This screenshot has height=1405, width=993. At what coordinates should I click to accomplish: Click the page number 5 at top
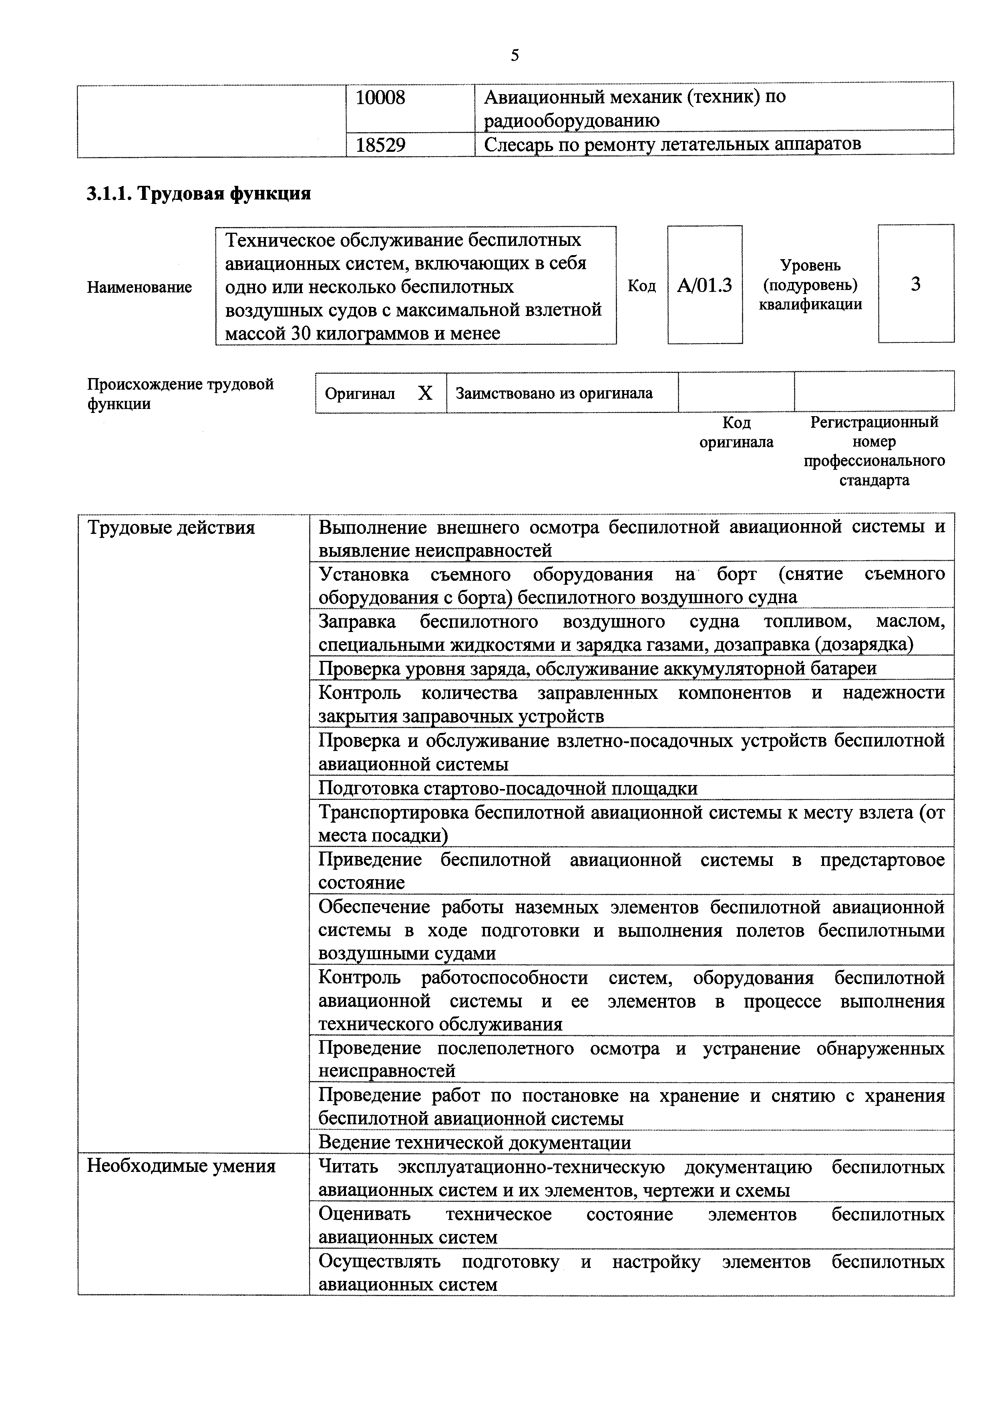pyautogui.click(x=515, y=56)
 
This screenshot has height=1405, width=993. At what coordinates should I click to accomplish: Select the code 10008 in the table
pyautogui.click(x=380, y=98)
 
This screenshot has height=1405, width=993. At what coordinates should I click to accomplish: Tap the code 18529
pyautogui.click(x=380, y=145)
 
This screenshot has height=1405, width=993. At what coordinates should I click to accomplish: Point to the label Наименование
pyautogui.click(x=139, y=287)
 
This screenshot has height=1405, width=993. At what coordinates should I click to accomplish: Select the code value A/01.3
pyautogui.click(x=704, y=285)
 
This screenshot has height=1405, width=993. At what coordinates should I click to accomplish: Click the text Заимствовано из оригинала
pyautogui.click(x=554, y=393)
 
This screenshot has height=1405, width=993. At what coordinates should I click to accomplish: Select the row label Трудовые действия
pyautogui.click(x=171, y=527)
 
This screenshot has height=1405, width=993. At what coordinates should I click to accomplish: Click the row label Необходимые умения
pyautogui.click(x=181, y=1166)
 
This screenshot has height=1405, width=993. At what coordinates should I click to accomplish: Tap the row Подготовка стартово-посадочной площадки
pyautogui.click(x=508, y=787)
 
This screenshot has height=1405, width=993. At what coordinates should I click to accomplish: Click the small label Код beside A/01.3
pyautogui.click(x=641, y=286)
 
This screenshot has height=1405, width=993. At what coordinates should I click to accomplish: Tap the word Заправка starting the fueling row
pyautogui.click(x=357, y=622)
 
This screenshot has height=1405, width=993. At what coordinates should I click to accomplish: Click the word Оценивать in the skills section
pyautogui.click(x=365, y=1214)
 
